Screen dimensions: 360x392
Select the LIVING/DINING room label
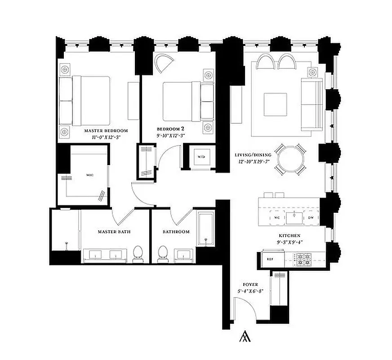pos(252,155)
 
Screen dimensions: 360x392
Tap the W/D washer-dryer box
pos(200,157)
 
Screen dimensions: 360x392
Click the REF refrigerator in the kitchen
pos(271,259)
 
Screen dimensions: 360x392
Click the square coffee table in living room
pos(276,104)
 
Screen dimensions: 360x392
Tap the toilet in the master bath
pos(138,253)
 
